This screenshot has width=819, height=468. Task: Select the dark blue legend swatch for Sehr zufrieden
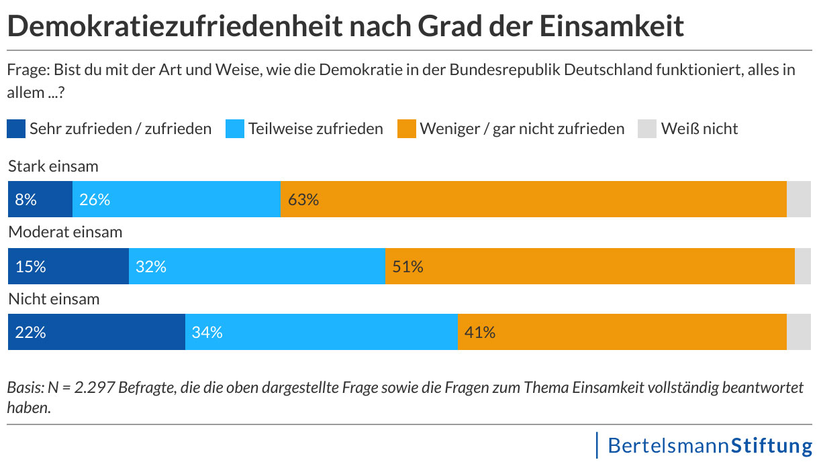tap(16, 128)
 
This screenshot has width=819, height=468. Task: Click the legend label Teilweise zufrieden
tap(316, 128)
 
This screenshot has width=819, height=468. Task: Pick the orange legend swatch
tap(406, 128)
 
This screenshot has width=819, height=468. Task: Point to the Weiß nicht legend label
tap(699, 128)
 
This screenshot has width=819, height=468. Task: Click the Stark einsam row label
tap(53, 166)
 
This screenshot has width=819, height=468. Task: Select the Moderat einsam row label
tap(65, 232)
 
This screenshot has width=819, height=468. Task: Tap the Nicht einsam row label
tap(54, 298)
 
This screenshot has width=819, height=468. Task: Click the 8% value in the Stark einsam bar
tap(26, 200)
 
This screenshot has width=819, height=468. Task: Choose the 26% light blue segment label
tap(94, 200)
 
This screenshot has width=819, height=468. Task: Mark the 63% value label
tap(303, 200)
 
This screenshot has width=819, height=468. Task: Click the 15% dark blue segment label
tap(30, 266)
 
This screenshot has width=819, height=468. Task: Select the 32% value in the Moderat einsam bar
tap(150, 266)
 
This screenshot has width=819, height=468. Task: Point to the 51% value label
tap(407, 266)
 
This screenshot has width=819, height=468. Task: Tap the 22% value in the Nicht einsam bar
tap(30, 332)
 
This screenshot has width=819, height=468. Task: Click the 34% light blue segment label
tap(207, 332)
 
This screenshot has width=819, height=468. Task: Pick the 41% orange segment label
tap(479, 332)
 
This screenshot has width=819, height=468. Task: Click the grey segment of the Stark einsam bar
tap(798, 200)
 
